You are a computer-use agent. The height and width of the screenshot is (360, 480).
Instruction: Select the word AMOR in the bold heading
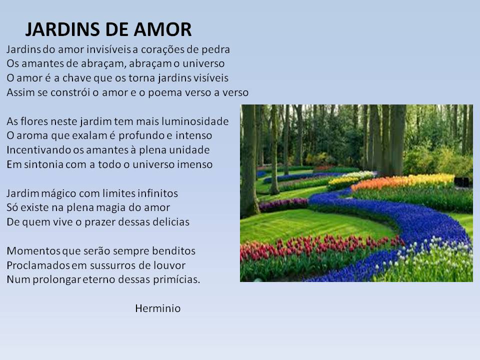coord(162,29)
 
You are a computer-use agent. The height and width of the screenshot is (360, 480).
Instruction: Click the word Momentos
coord(33,251)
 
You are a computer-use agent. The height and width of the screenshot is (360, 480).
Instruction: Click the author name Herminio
coord(158,308)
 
